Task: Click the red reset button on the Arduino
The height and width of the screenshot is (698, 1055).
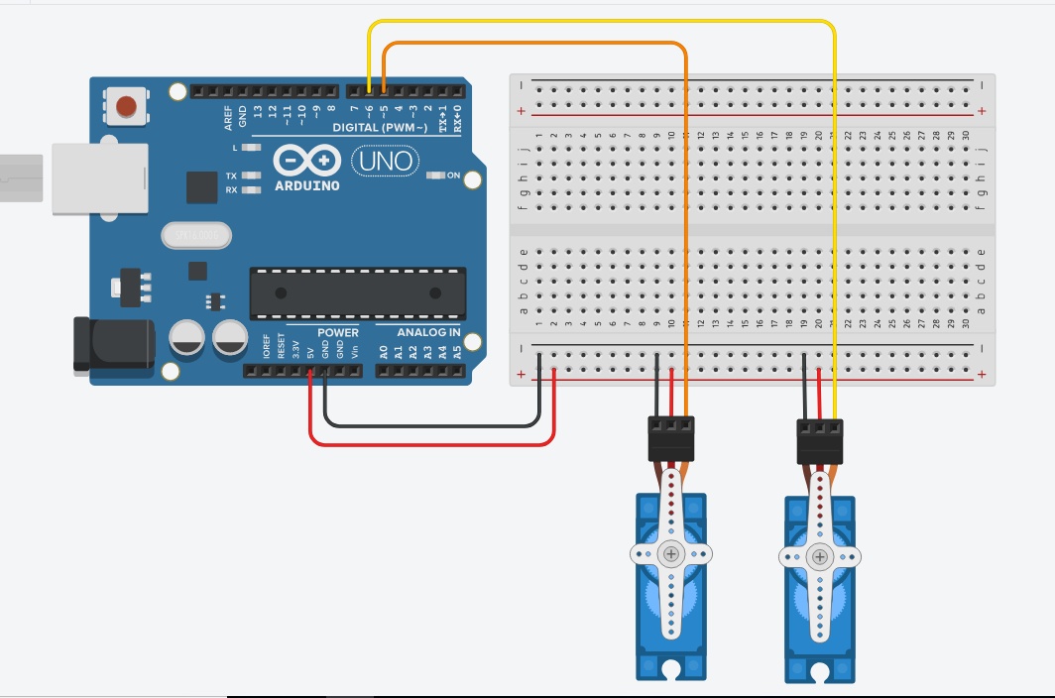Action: pos(127,106)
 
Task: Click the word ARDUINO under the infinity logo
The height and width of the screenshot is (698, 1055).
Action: pos(306,185)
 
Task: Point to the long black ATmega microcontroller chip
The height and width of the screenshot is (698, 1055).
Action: pos(357,293)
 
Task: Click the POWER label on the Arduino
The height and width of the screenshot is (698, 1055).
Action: pos(338,332)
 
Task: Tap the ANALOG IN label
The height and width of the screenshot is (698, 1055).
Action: pos(428,332)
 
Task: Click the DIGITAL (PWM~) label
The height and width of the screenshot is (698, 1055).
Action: pos(380,128)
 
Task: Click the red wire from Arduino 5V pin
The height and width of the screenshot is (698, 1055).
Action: pos(426,442)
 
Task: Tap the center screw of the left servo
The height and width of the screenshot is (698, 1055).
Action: pos(672,554)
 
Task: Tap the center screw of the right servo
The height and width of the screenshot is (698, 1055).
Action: pos(820,557)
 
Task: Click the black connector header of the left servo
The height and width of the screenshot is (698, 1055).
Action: pos(671,438)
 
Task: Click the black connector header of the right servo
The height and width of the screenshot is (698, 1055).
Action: pos(820,439)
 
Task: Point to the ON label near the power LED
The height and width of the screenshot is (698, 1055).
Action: pos(453,175)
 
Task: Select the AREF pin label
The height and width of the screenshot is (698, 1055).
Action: pos(229,119)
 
